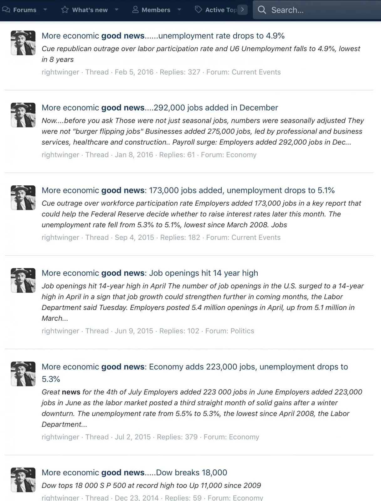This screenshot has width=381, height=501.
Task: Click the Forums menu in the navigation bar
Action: [24, 10]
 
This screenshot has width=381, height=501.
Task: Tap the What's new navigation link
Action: [90, 10]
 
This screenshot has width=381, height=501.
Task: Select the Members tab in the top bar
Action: [156, 10]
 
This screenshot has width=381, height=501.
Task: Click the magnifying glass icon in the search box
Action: [262, 10]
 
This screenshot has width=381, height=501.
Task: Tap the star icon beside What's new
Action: [65, 10]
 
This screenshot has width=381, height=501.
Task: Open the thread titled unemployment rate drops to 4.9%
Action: [163, 36]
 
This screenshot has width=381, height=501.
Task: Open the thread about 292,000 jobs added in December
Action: [160, 108]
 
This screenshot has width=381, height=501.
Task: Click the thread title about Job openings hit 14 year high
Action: [150, 273]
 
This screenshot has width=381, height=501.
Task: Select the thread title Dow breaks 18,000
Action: [134, 473]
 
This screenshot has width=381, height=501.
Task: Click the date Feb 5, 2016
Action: [134, 72]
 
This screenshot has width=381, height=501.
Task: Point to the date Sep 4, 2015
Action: [134, 237]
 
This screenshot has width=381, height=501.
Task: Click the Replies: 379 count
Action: [177, 437]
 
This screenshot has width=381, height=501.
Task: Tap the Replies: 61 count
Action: [177, 155]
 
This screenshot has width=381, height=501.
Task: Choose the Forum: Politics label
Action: [229, 331]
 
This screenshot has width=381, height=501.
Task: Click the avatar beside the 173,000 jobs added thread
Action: [23, 198]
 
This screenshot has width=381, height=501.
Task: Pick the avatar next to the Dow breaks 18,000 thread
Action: [23, 480]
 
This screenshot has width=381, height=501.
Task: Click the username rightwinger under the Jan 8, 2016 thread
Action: [60, 155]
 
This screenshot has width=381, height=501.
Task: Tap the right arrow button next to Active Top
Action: [242, 10]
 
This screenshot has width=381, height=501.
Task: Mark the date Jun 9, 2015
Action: [134, 331]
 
